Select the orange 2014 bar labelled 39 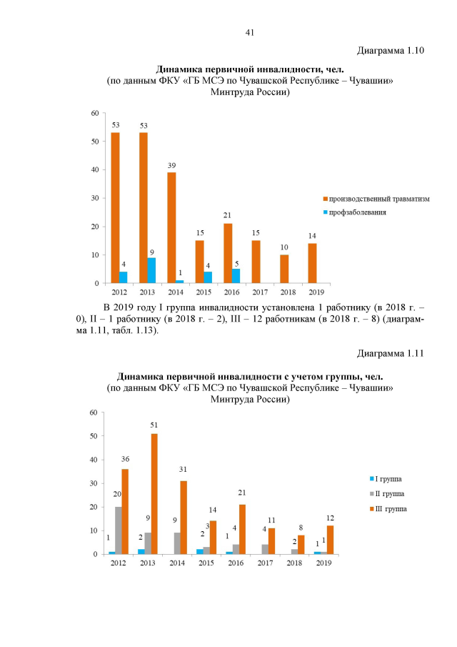point(171,228)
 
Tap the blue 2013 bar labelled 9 point(151,270)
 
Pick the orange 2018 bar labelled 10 point(284,269)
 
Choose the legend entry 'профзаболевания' point(358,212)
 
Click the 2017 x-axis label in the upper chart point(256,292)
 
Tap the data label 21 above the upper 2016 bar point(228,216)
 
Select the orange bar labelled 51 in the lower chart point(154,493)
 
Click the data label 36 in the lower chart point(125,459)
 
